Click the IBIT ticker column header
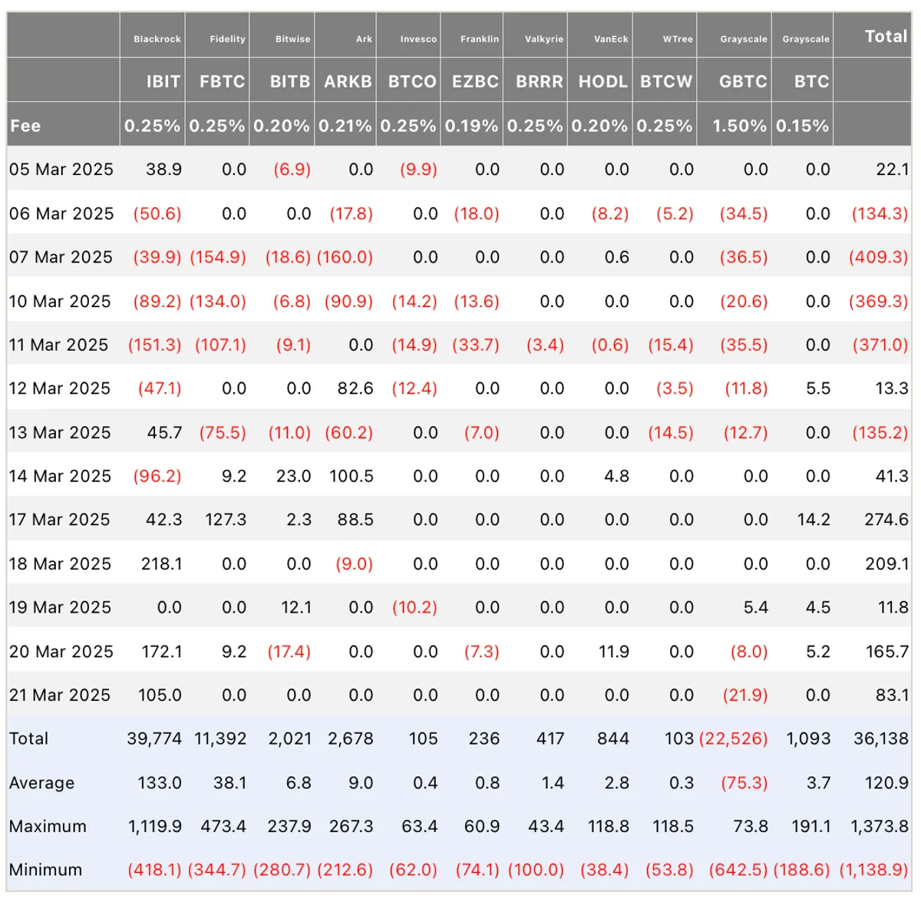pyautogui.click(x=163, y=81)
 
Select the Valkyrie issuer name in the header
pyautogui.click(x=544, y=39)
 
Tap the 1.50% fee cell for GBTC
pyautogui.click(x=739, y=126)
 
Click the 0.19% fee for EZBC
pyautogui.click(x=471, y=126)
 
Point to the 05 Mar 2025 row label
pyautogui.click(x=61, y=170)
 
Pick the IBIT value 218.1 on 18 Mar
pyautogui.click(x=161, y=564)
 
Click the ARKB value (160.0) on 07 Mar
pyautogui.click(x=345, y=257)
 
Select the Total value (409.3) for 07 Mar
pyautogui.click(x=879, y=257)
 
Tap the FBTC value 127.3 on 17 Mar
pyautogui.click(x=226, y=520)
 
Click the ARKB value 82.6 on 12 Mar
pyautogui.click(x=355, y=388)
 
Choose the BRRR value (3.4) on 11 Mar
pyautogui.click(x=546, y=345)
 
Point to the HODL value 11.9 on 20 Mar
pyautogui.click(x=614, y=652)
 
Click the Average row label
pyautogui.click(x=41, y=783)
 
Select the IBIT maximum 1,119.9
pyautogui.click(x=155, y=827)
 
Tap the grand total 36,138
pyautogui.click(x=881, y=739)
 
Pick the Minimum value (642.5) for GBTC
pyautogui.click(x=738, y=870)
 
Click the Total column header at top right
pyautogui.click(x=886, y=36)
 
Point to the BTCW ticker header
pyautogui.click(x=665, y=81)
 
